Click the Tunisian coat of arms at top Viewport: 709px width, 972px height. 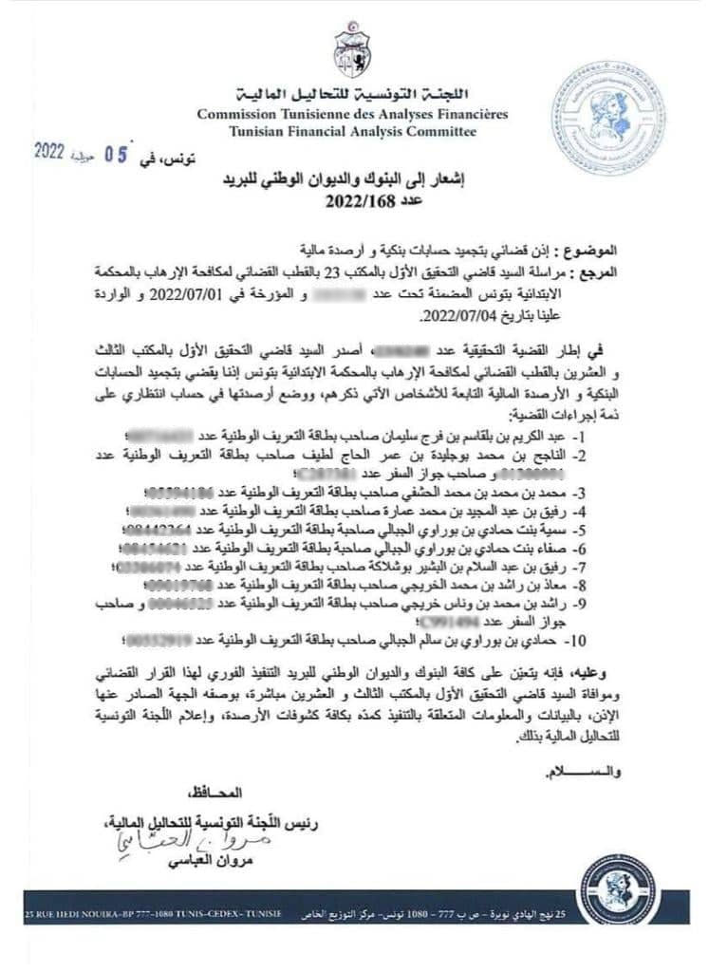click(352, 53)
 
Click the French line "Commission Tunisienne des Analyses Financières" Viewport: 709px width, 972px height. click(352, 114)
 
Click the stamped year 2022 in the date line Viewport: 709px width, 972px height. click(53, 151)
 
